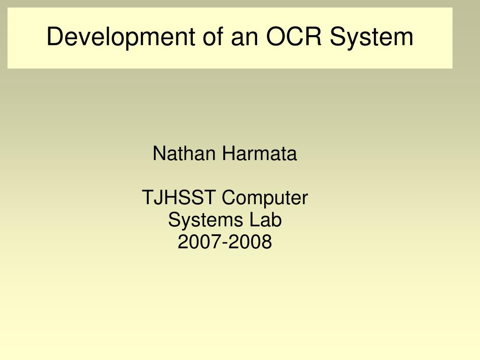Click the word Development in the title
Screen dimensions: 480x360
pos(121,38)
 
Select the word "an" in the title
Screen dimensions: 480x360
pos(244,39)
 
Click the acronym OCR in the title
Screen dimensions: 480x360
pos(294,36)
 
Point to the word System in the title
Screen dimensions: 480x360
pos(372,38)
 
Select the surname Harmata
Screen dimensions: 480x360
pos(259,153)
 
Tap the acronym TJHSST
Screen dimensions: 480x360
pos(178,197)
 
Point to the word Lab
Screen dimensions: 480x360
pos(266,220)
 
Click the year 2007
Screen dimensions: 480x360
pos(200,242)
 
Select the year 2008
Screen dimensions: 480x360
pos(250,242)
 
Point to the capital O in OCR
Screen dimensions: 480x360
pos(276,36)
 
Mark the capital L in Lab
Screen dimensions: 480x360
pos(255,220)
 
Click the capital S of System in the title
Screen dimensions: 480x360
pos(338,36)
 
